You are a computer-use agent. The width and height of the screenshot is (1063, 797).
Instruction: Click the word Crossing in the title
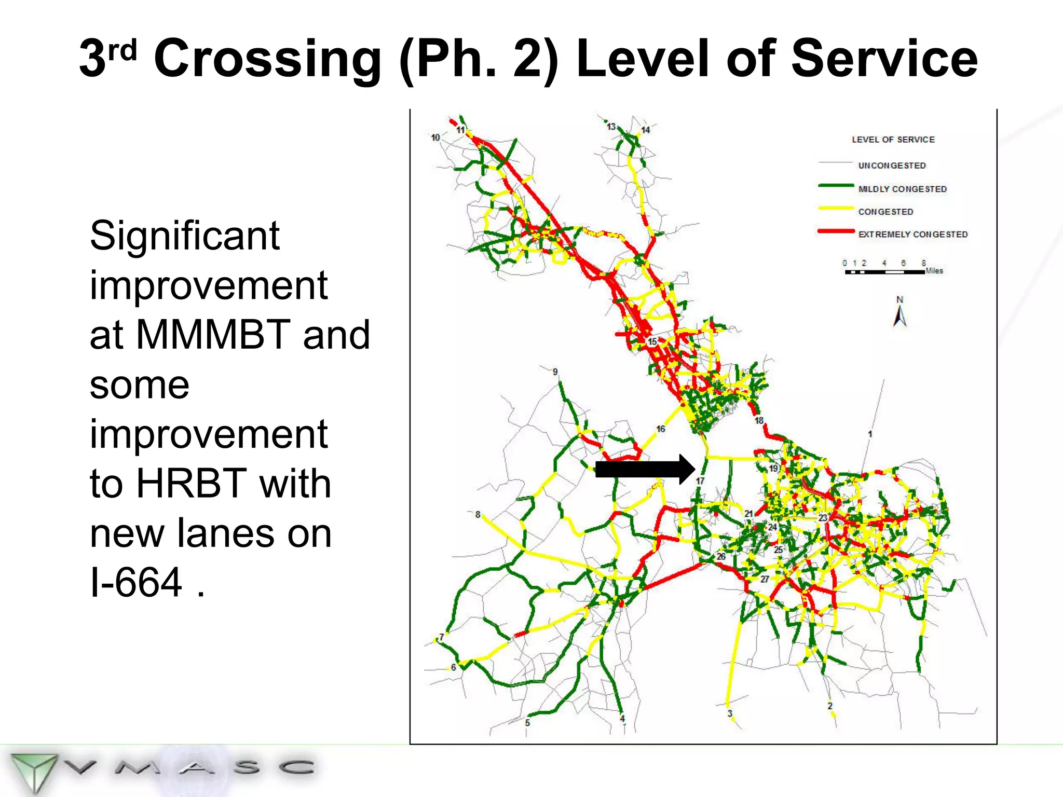[267, 59]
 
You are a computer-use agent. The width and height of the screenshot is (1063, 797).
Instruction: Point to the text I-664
[136, 582]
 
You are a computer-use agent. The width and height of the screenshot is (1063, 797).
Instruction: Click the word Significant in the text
[184, 236]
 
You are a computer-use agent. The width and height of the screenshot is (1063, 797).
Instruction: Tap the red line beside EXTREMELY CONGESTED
[836, 231]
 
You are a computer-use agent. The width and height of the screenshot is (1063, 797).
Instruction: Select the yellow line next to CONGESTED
[836, 209]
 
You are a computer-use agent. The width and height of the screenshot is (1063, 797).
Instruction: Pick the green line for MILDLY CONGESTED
[836, 186]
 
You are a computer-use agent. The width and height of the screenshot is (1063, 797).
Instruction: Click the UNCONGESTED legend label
[892, 166]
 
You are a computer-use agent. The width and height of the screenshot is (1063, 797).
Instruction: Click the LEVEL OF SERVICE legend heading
[893, 140]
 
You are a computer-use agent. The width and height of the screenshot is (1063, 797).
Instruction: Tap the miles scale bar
[884, 271]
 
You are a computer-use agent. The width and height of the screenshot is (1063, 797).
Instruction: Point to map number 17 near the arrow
[700, 481]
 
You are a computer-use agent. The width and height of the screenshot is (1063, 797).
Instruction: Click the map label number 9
[555, 372]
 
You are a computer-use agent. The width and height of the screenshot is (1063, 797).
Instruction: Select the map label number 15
[652, 341]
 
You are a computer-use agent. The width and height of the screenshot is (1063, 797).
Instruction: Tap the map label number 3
[729, 713]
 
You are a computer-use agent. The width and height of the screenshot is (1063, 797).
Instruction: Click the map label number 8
[478, 514]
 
